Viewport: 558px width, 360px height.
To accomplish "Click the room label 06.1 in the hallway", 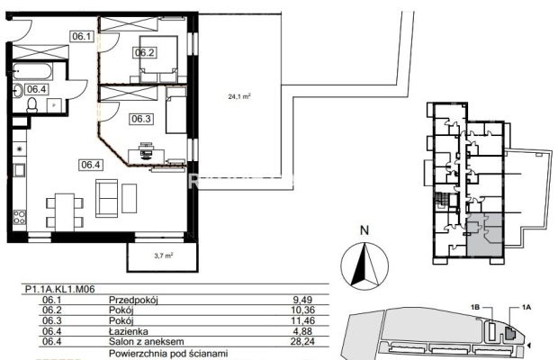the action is [x=82, y=36].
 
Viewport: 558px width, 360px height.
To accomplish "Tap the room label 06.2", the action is [x=145, y=52].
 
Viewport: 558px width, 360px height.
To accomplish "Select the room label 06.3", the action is [x=141, y=119].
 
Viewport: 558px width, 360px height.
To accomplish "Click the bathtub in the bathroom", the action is [x=32, y=71].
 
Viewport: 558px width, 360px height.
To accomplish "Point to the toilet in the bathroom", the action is [x=32, y=105].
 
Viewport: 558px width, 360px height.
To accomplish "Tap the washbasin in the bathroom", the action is [x=18, y=91].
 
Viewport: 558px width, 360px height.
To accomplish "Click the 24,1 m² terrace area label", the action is [x=239, y=96].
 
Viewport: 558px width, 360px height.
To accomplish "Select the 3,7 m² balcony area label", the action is [x=164, y=256].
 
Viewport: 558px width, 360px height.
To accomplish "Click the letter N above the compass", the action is [x=364, y=230].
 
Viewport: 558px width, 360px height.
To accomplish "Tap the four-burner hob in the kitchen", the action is [x=20, y=217].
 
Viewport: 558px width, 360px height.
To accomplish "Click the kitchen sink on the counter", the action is [x=19, y=170].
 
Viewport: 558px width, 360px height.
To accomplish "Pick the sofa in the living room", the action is [x=106, y=198].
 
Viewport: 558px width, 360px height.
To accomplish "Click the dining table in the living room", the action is [x=65, y=212].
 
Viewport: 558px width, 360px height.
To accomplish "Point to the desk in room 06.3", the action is [x=147, y=156].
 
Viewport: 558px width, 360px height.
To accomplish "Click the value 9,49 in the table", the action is [x=302, y=300].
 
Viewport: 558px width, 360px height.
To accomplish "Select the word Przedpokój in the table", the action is [x=133, y=301].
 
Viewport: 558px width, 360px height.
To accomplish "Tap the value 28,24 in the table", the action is [x=302, y=342].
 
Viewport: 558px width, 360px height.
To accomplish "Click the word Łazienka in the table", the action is [x=129, y=331].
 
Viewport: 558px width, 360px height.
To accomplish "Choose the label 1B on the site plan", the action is [x=476, y=307].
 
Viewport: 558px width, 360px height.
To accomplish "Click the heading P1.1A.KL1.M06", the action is [x=60, y=289].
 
